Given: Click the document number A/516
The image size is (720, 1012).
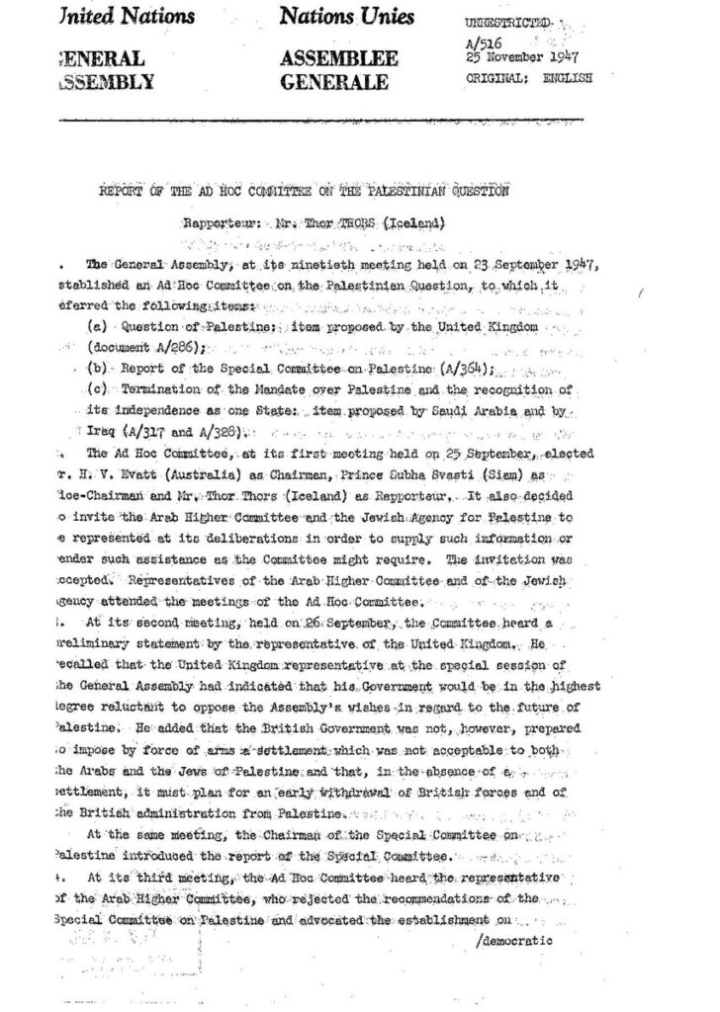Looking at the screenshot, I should (480, 43).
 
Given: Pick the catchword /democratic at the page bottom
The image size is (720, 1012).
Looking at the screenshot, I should (514, 940).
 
